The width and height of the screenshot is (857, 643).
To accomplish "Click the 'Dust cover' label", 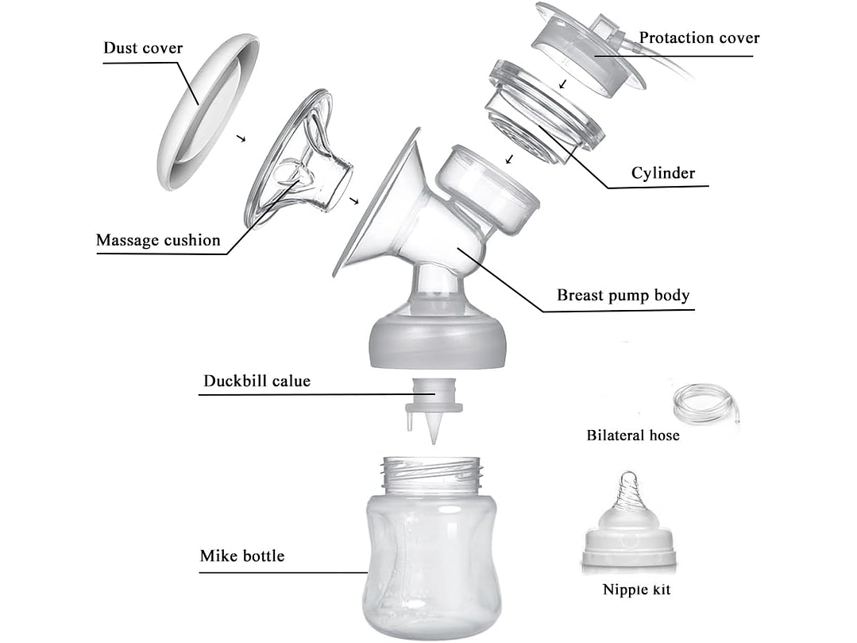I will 143,48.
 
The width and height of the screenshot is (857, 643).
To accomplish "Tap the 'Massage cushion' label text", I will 158,240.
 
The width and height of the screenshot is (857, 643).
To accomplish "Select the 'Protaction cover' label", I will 699,38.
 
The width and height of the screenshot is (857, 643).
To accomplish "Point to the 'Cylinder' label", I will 663,173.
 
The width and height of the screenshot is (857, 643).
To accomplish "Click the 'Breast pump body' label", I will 623,296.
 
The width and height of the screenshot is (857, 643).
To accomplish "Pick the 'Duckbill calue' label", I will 257,381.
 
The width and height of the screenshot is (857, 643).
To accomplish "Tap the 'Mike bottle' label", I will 241,556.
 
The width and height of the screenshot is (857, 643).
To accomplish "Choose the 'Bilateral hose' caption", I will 633,435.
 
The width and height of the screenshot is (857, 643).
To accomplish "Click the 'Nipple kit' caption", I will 636,590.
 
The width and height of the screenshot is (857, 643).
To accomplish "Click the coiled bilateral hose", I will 704,405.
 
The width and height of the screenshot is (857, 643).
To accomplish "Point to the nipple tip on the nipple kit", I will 628,482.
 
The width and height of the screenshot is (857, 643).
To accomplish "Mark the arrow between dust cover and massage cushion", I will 241,138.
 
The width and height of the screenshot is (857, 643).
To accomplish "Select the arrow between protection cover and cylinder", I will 562,83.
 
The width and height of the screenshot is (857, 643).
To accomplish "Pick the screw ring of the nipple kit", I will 628,548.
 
